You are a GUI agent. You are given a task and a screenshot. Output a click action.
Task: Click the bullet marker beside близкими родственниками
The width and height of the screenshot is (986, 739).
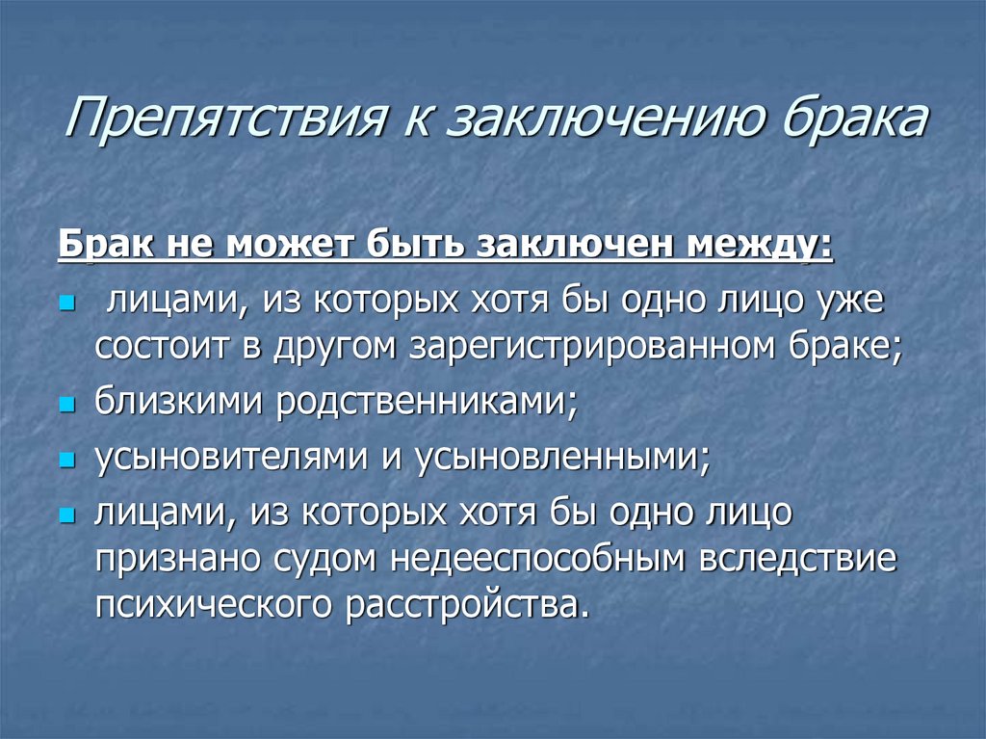(66, 406)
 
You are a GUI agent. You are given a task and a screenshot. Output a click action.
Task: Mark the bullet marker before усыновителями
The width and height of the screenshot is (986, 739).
(66, 461)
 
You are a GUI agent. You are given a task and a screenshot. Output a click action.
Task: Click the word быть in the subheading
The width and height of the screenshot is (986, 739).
(413, 245)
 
